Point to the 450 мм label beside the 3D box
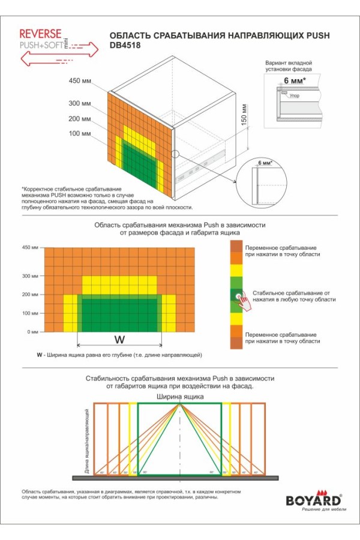tap(79, 81)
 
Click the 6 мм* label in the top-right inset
tap(295, 80)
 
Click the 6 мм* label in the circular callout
tap(264, 162)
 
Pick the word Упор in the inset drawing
tap(294, 95)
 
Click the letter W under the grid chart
tap(119, 340)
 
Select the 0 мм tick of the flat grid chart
tap(32, 332)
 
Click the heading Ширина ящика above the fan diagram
tap(180, 397)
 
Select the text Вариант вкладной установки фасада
tap(289, 66)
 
